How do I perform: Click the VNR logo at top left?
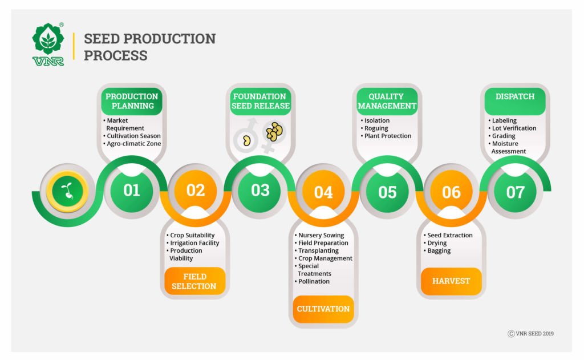tap(48, 44)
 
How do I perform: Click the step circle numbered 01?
tap(132, 191)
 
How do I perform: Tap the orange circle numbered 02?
tap(196, 191)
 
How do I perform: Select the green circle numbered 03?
tap(260, 191)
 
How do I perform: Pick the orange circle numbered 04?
tap(323, 192)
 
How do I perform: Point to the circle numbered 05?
tap(387, 192)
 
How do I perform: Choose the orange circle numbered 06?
tap(452, 192)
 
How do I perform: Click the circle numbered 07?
tap(516, 192)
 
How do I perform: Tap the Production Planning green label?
tap(132, 102)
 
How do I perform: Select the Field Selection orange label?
tap(195, 281)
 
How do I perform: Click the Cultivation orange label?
tap(323, 309)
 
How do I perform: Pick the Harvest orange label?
tap(451, 281)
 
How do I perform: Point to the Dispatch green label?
tap(515, 102)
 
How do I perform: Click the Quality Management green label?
tap(387, 102)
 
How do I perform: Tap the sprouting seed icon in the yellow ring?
tap(67, 191)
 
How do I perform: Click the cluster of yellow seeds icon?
tap(274, 132)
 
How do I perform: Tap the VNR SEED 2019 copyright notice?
tap(531, 334)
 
